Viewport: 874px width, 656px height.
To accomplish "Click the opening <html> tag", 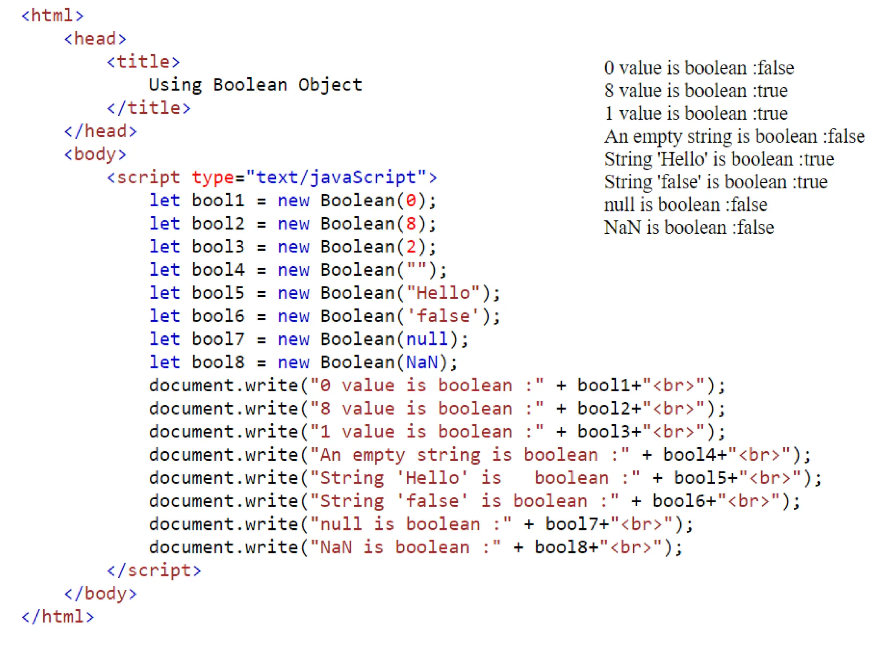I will coord(52,16).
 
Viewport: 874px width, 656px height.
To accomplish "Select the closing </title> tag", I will coord(149,108).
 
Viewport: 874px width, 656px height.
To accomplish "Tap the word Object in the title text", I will coord(330,85).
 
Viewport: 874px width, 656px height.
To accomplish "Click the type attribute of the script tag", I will coord(212,178).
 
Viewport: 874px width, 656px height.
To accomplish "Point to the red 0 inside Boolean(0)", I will coord(411,201).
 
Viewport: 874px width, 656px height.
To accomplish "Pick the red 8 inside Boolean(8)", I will coord(411,224).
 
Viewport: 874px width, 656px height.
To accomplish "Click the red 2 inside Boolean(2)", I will coord(411,247).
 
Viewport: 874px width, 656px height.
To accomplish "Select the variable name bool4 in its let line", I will coord(218,270).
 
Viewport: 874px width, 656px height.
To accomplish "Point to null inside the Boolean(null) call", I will coord(427,340).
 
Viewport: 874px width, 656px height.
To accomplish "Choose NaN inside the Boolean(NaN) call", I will coord(422,363).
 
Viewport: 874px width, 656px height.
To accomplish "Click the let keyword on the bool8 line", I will coord(164,363).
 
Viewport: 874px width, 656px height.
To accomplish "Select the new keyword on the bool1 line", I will coord(293,201).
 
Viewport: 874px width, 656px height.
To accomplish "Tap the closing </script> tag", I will coord(154,571).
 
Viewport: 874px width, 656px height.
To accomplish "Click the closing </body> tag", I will coord(101,594).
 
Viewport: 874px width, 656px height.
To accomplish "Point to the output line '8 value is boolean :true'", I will coord(696,91).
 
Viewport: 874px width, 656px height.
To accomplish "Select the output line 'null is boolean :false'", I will coord(685,205).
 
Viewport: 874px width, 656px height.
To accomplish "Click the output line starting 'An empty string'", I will coord(734,137).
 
